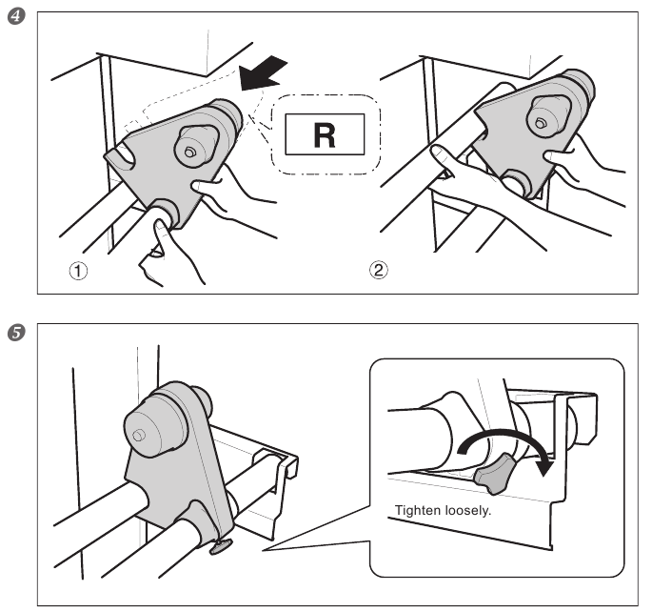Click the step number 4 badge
(x=16, y=16)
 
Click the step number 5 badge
(x=16, y=333)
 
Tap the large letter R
(x=325, y=135)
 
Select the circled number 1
(x=78, y=272)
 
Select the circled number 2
(x=379, y=270)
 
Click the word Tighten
(x=418, y=510)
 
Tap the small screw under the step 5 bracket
(x=221, y=546)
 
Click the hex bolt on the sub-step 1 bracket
(x=189, y=153)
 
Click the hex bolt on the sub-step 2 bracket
(x=540, y=123)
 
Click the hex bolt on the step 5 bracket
(x=138, y=436)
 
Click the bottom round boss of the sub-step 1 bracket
(x=165, y=211)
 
